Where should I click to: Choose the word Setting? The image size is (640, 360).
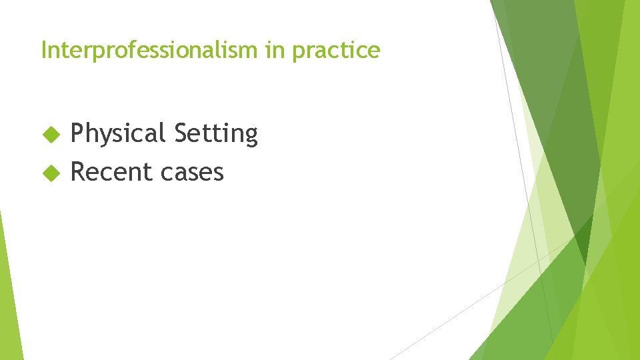coord(215,134)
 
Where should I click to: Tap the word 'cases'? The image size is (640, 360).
coord(193,173)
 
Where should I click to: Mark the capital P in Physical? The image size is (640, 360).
coord(77,133)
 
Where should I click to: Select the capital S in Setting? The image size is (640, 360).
coord(180,133)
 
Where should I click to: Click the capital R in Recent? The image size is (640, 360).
coord(78,172)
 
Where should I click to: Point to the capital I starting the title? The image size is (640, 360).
coord(44,50)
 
